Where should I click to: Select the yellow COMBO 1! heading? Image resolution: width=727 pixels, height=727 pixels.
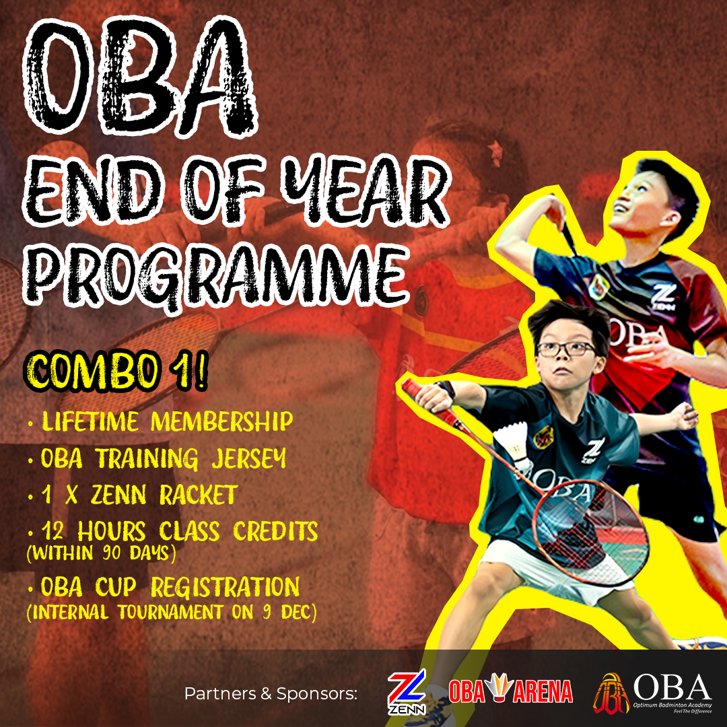(x=116, y=372)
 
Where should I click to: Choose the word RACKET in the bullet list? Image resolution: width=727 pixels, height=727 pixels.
(x=199, y=495)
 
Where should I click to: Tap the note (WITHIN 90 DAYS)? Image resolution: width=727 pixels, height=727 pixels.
(x=102, y=553)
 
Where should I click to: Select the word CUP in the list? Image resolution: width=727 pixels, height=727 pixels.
(x=116, y=587)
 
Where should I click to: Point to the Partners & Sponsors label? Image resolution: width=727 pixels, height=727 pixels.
(x=271, y=694)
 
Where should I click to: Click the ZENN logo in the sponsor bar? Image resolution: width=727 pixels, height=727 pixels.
(x=407, y=692)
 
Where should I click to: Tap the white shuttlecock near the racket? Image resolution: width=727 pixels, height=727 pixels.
(x=513, y=446)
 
